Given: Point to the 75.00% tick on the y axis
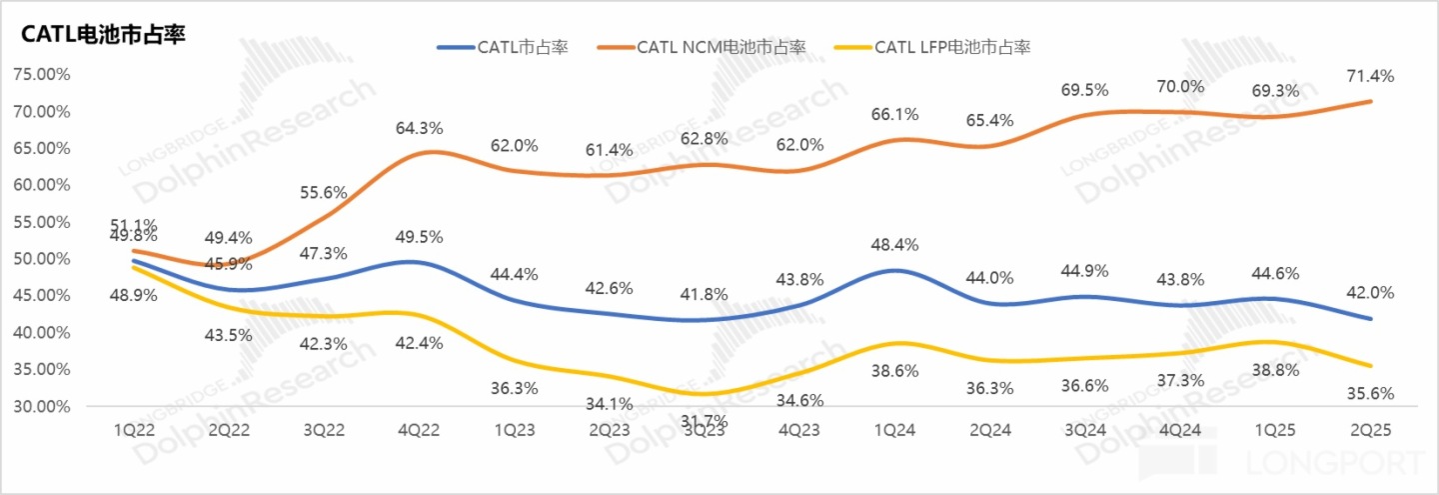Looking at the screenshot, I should (x=43, y=74).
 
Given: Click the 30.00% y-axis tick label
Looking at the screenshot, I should (x=43, y=406).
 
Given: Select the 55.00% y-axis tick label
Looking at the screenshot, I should (x=43, y=222).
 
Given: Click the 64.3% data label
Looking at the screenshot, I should (x=420, y=128).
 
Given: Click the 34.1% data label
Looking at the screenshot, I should (x=609, y=404).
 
